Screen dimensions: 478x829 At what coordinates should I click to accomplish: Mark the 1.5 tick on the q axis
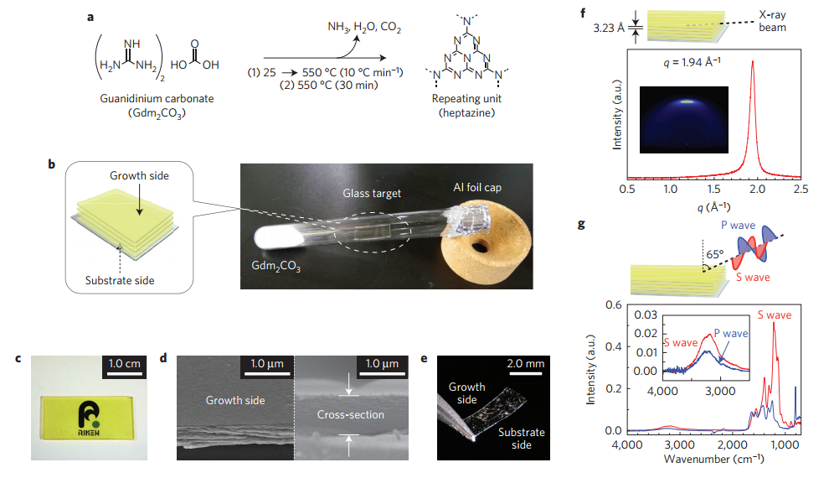(x=713, y=190)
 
